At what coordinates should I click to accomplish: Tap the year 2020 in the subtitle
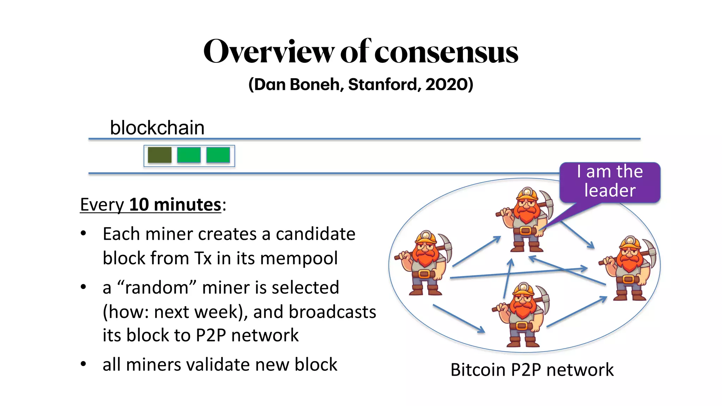tap(447, 85)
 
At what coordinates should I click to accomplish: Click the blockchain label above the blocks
tap(157, 128)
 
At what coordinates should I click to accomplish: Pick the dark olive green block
tap(160, 155)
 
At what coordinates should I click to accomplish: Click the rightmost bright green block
tap(218, 155)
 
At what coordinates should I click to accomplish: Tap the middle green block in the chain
tap(189, 155)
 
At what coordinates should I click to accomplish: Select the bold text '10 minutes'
tap(175, 205)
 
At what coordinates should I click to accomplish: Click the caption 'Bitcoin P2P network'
tap(532, 370)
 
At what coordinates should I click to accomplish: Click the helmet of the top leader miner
tap(527, 194)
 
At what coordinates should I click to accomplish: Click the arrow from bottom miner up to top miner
tap(508, 278)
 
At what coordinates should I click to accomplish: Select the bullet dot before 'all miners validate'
tap(83, 364)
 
